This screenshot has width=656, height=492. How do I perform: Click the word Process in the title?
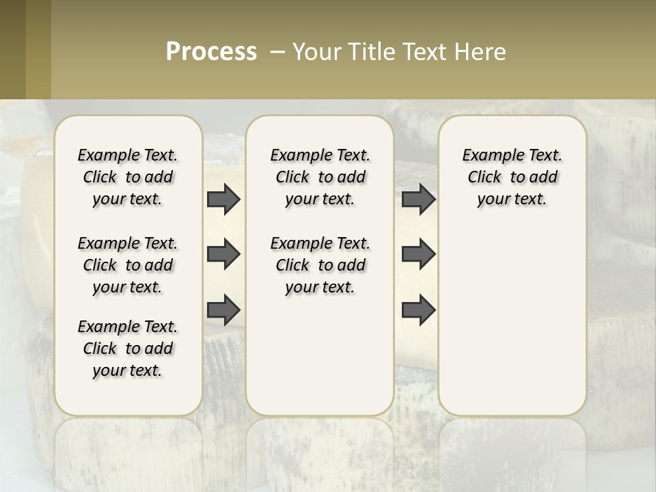click(211, 52)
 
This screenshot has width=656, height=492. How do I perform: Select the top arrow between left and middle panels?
click(223, 200)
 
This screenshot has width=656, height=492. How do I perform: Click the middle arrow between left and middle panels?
click(223, 255)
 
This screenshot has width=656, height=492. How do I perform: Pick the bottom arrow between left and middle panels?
click(223, 311)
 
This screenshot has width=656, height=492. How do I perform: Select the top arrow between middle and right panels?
click(418, 200)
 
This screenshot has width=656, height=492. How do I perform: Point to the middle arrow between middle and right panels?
click(418, 255)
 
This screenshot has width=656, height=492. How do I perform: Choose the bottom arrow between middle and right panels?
click(418, 311)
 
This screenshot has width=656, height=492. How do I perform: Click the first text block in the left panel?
click(128, 177)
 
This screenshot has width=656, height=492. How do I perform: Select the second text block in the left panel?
click(128, 265)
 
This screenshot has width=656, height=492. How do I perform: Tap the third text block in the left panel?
click(128, 348)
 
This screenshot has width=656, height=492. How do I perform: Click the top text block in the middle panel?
click(320, 177)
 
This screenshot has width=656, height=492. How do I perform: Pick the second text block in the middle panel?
click(320, 265)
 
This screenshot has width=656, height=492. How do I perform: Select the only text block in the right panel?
click(512, 177)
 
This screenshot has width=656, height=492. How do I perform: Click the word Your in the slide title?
click(316, 52)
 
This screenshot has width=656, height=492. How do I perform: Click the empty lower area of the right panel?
click(512, 328)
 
